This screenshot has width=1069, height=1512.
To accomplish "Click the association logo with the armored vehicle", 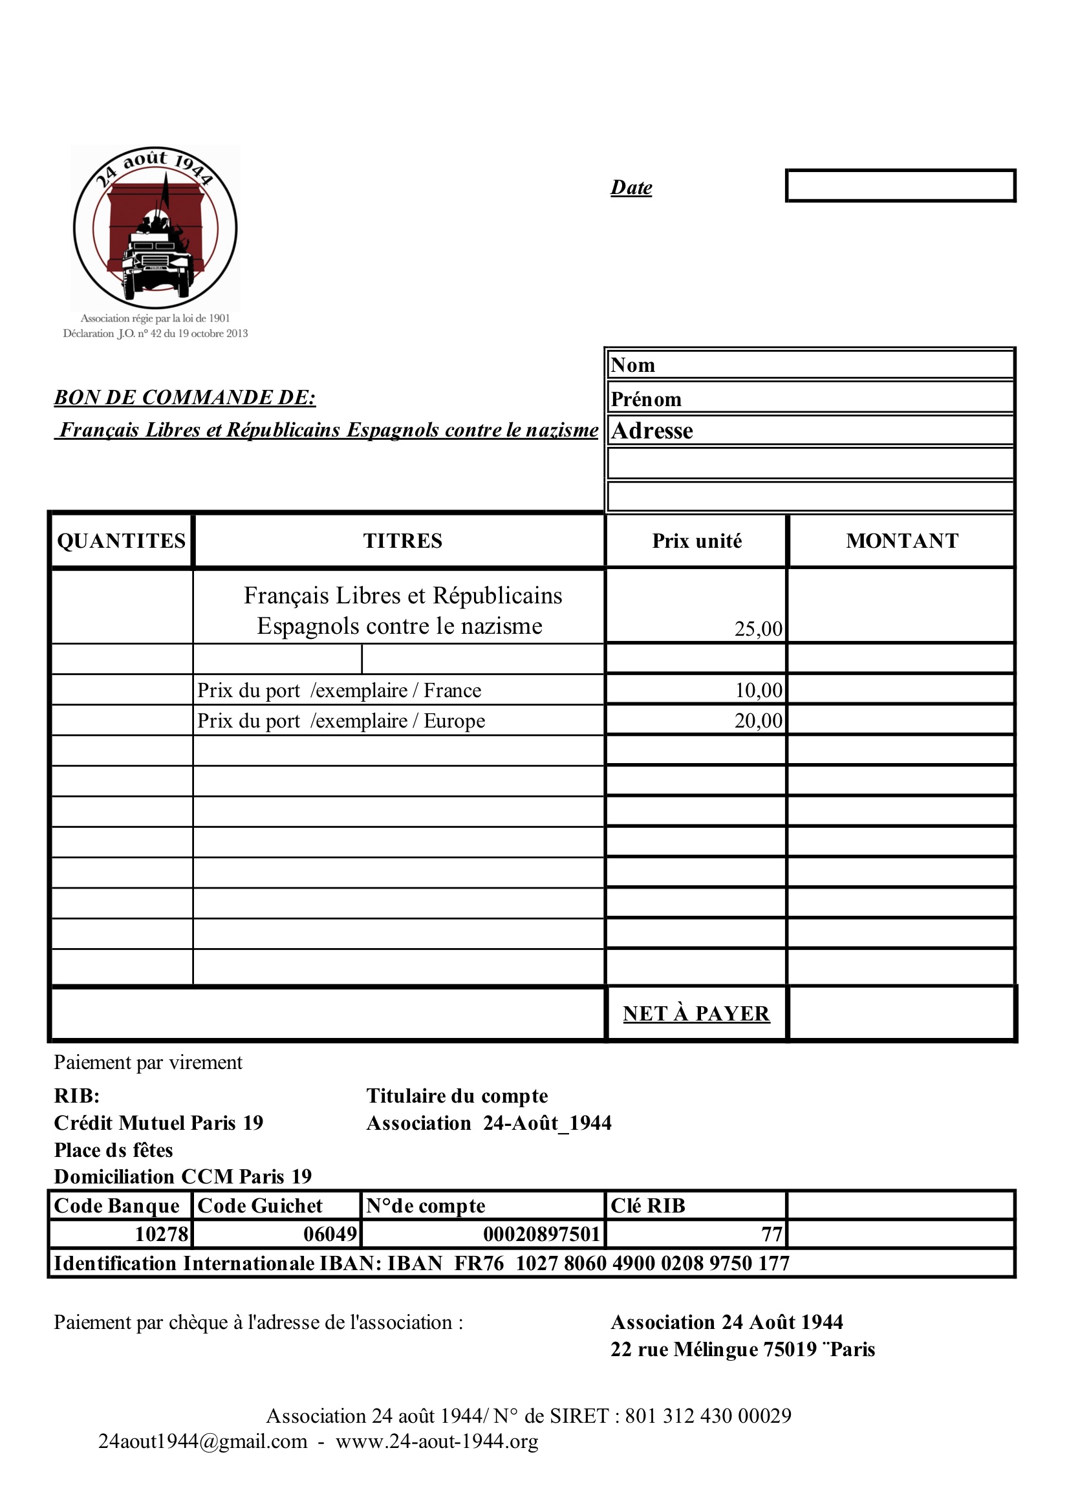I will [x=155, y=228].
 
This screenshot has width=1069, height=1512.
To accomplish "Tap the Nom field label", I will [x=633, y=365].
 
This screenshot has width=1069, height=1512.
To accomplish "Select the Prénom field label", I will [x=646, y=399].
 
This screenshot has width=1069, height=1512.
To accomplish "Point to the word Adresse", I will [x=652, y=431].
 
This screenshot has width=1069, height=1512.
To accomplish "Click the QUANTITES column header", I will [x=122, y=541].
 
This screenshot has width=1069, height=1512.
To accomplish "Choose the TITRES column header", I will [x=402, y=541].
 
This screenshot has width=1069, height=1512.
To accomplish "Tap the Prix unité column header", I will [x=697, y=541].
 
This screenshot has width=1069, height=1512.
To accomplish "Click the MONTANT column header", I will [x=902, y=541].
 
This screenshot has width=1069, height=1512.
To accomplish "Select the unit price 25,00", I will [x=758, y=628].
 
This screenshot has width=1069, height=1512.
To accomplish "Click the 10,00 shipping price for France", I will [x=759, y=690].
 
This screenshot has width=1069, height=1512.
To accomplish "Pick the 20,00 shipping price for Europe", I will [x=759, y=720].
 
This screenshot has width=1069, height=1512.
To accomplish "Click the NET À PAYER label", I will [x=696, y=1013].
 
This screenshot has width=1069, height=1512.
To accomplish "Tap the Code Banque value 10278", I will [x=162, y=1233].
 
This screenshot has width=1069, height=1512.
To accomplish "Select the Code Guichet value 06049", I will [x=330, y=1233].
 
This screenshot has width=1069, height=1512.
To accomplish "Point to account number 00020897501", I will [x=541, y=1233].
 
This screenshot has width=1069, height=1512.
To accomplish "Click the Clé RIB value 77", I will [x=772, y=1233].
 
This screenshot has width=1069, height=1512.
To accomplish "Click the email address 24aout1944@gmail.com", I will [x=203, y=1441].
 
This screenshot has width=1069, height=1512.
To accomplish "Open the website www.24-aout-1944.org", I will [x=437, y=1441].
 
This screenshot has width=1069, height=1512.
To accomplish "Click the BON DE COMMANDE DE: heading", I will [x=185, y=397].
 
